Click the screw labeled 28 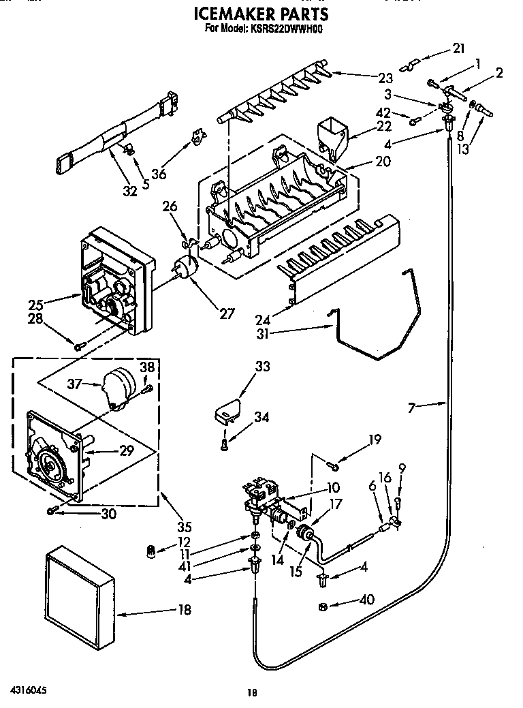click(x=78, y=346)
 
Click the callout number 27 click(x=227, y=313)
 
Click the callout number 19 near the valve click(x=375, y=440)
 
